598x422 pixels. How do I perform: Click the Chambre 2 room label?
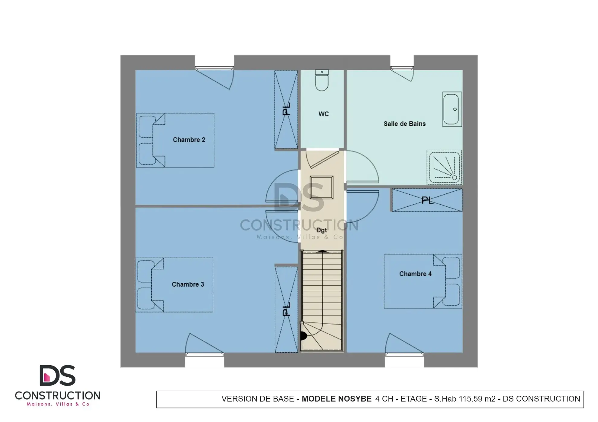(x=189, y=140)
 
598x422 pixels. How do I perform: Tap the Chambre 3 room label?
(x=188, y=284)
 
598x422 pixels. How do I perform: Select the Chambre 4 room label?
(x=415, y=274)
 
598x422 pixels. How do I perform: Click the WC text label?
(x=323, y=114)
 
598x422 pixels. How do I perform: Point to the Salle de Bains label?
(x=404, y=124)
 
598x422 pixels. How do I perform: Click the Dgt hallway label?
(x=321, y=230)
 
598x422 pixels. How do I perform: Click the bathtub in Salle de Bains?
(x=452, y=109)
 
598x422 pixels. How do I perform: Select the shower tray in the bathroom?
(x=444, y=167)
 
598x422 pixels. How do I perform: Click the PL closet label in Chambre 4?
(x=427, y=200)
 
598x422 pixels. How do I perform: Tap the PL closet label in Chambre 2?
(x=286, y=109)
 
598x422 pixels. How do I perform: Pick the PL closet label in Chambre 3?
(x=286, y=309)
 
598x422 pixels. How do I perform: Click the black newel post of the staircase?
(x=303, y=335)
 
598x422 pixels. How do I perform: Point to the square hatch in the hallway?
(x=321, y=187)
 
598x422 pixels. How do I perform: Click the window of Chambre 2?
(x=214, y=68)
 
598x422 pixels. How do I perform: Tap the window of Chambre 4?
(x=404, y=355)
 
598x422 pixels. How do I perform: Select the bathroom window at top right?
(x=402, y=68)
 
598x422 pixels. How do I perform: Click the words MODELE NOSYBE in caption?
(x=336, y=399)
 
